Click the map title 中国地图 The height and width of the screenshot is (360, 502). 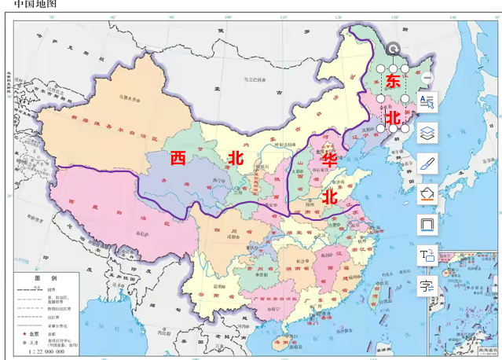click(35, 6)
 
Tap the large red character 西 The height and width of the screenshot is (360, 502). click(178, 157)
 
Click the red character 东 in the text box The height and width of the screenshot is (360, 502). click(394, 80)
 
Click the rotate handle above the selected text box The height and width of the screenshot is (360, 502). click(394, 49)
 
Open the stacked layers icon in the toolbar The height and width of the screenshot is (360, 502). click(428, 133)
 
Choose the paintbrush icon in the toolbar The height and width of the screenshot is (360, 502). click(428, 163)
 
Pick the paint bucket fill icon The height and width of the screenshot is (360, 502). click(428, 193)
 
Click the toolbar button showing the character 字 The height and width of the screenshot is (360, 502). click(428, 285)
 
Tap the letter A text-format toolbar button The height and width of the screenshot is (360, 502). click(428, 102)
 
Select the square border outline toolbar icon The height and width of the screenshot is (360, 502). click(428, 224)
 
